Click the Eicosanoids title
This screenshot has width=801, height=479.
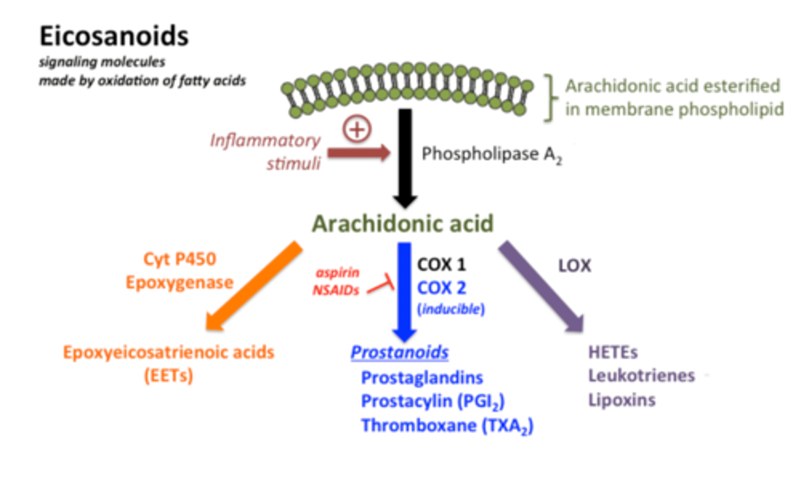[x=114, y=37]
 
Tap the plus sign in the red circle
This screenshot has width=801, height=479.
[x=357, y=130]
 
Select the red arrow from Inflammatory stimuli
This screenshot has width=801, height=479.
[x=359, y=153]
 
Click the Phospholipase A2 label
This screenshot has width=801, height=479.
[x=491, y=154]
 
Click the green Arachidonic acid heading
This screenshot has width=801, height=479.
[x=403, y=224]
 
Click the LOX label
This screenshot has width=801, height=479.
[x=574, y=266]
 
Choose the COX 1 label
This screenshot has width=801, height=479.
[x=442, y=264]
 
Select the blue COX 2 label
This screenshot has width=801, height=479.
[x=442, y=288]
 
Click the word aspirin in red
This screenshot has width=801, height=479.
[x=338, y=273]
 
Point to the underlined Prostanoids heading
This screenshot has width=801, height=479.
[x=399, y=352]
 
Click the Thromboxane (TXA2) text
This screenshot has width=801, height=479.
[x=447, y=426]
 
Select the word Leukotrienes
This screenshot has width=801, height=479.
[x=641, y=376]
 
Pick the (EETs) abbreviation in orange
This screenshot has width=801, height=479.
[x=169, y=376]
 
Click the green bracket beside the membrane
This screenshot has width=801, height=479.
[x=551, y=98]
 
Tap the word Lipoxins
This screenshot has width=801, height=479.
[x=622, y=400]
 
